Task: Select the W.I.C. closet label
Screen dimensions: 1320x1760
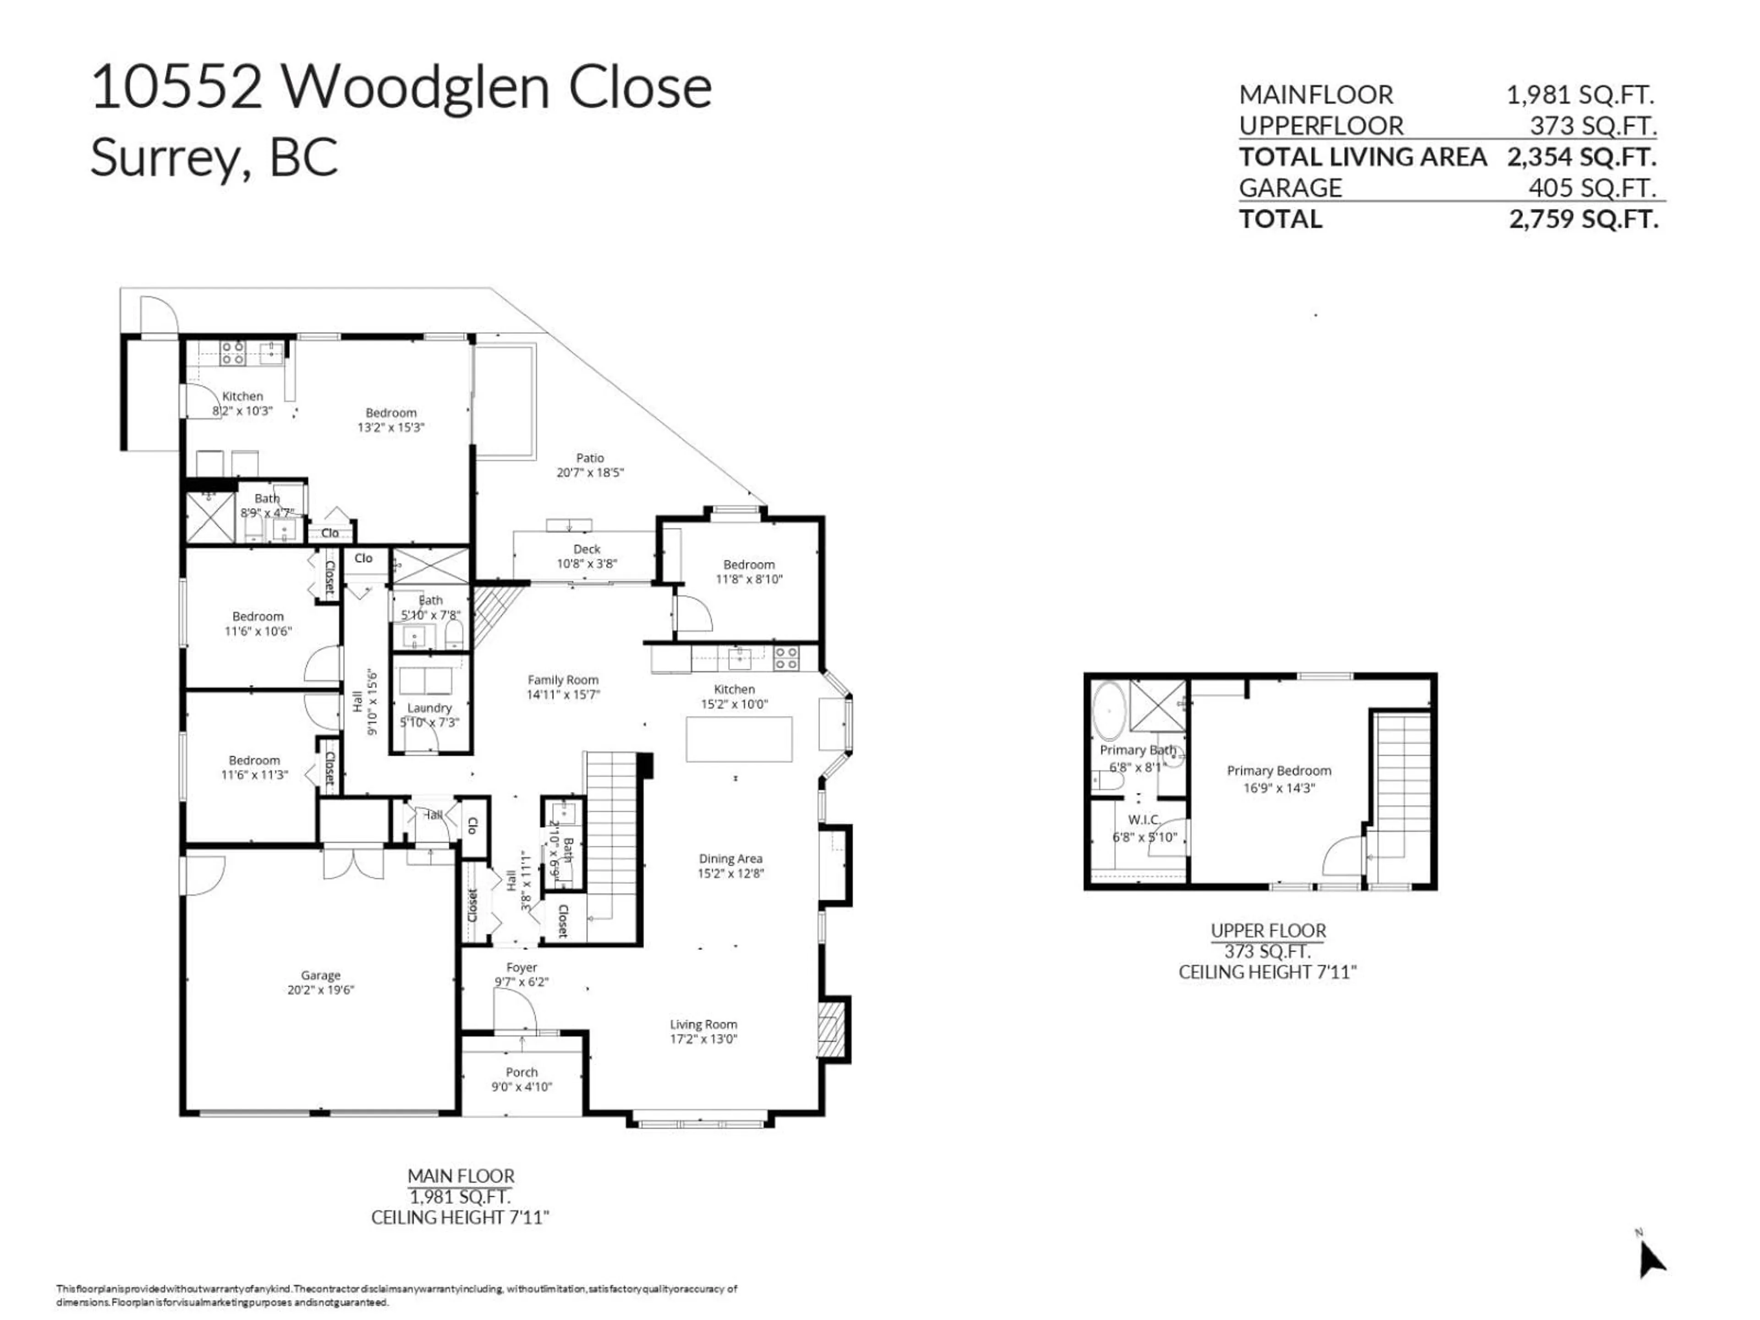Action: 1144,819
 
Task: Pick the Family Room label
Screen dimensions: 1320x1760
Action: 562,680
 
